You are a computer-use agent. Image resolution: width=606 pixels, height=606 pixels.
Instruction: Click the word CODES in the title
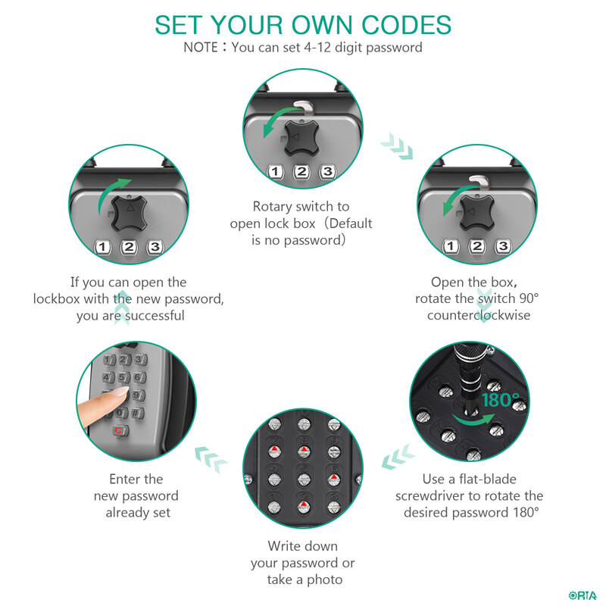pyautogui.click(x=406, y=26)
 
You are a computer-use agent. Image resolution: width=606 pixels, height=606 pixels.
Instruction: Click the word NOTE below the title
pyautogui.click(x=201, y=48)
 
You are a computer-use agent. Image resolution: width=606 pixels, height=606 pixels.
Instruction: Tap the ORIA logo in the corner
pyautogui.click(x=583, y=595)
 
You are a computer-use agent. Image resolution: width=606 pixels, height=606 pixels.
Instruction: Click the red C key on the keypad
pyautogui.click(x=120, y=430)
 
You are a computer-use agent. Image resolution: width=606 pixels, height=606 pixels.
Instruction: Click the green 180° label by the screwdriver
pyautogui.click(x=501, y=401)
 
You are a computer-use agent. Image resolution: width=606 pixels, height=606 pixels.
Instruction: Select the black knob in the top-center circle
pyautogui.click(x=301, y=137)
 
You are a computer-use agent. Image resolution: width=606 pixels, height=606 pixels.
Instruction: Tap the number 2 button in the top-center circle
pyautogui.click(x=301, y=172)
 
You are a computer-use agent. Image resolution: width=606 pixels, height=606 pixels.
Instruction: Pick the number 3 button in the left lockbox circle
pyautogui.click(x=155, y=247)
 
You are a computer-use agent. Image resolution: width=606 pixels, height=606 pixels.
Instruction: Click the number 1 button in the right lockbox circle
pyautogui.click(x=450, y=246)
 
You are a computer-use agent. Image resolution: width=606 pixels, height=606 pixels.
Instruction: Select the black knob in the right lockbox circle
pyautogui.click(x=477, y=212)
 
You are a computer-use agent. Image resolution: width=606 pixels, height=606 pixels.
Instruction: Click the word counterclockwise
pyautogui.click(x=479, y=315)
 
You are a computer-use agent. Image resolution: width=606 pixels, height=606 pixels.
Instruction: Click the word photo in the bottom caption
pyautogui.click(x=324, y=579)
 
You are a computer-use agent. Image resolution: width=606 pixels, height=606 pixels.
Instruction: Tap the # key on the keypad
pyautogui.click(x=137, y=413)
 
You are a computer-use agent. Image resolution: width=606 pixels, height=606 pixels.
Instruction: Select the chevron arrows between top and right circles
pyautogui.click(x=397, y=146)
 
